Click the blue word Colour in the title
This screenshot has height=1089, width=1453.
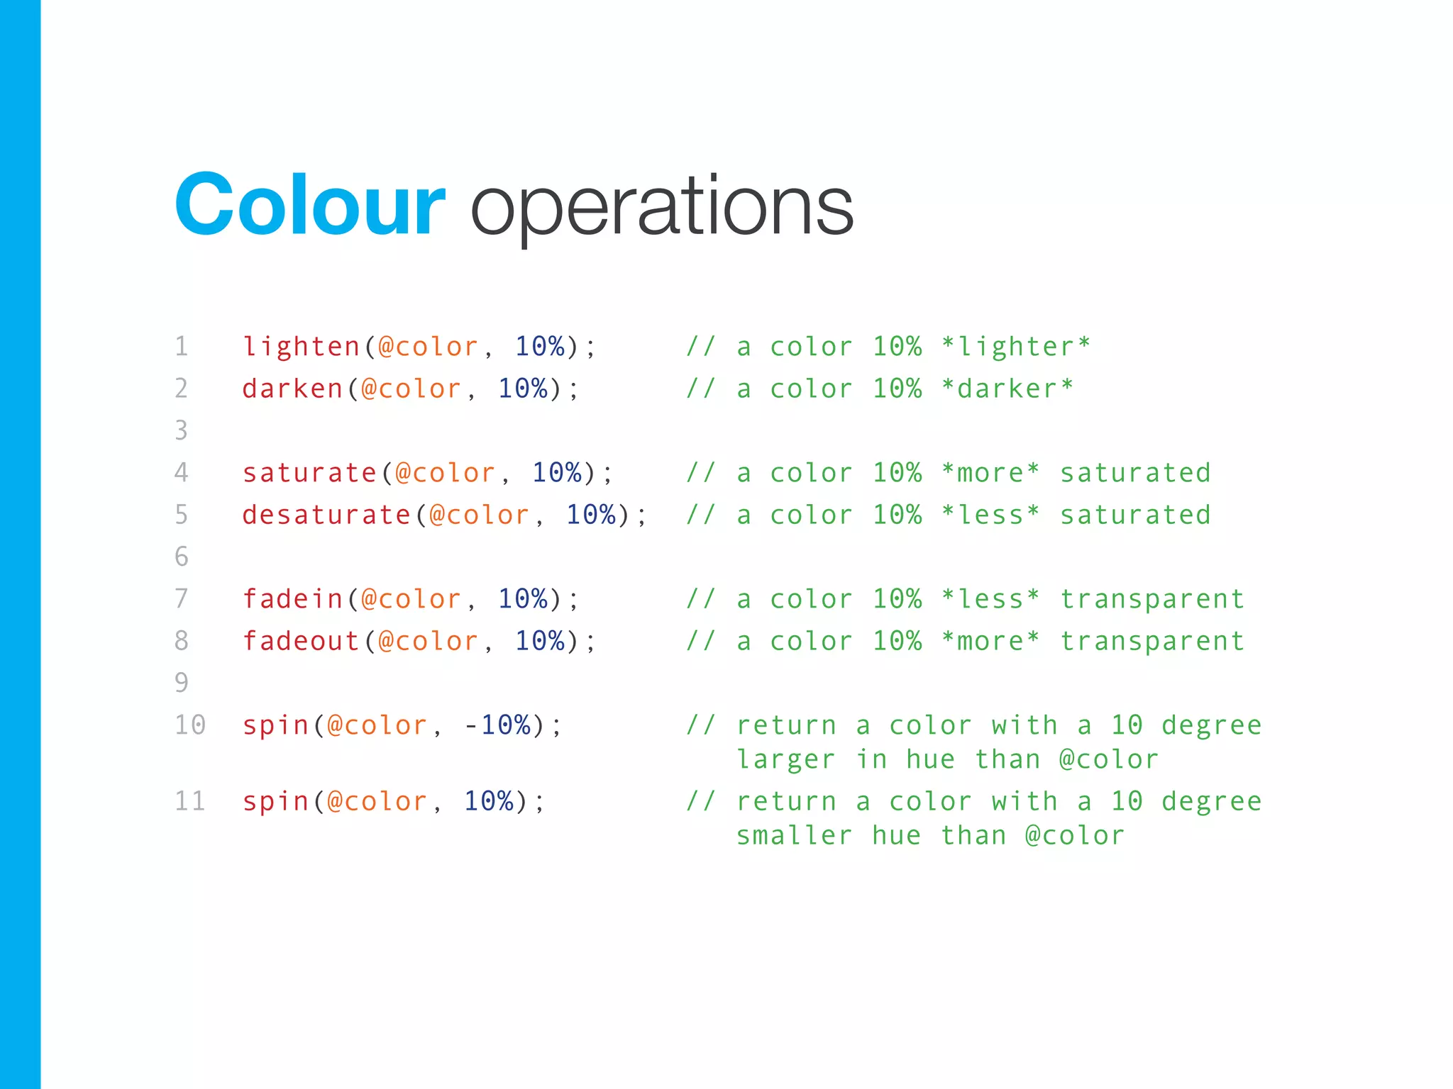point(310,206)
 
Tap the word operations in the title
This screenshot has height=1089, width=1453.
point(661,207)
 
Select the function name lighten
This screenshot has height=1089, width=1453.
point(302,347)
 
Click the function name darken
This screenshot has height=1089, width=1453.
point(292,389)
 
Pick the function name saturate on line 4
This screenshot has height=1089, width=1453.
point(310,473)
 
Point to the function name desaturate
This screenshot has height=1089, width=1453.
point(326,515)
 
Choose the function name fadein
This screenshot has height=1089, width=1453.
point(292,599)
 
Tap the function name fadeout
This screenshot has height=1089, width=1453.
point(302,641)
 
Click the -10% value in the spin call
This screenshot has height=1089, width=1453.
point(497,725)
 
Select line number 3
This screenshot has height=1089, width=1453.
point(182,430)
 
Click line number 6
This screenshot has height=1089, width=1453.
point(182,557)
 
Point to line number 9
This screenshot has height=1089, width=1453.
point(182,683)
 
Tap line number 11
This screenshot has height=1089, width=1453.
point(190,801)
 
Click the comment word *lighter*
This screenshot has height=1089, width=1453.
point(1015,347)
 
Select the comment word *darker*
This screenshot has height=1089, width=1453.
point(1007,389)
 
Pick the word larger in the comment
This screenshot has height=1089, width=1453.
point(785,759)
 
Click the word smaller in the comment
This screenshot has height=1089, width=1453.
point(794,835)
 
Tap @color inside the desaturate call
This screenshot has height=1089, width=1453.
point(480,515)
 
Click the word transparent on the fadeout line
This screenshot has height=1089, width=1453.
point(1152,641)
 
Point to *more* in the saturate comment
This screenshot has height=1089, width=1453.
point(990,473)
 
